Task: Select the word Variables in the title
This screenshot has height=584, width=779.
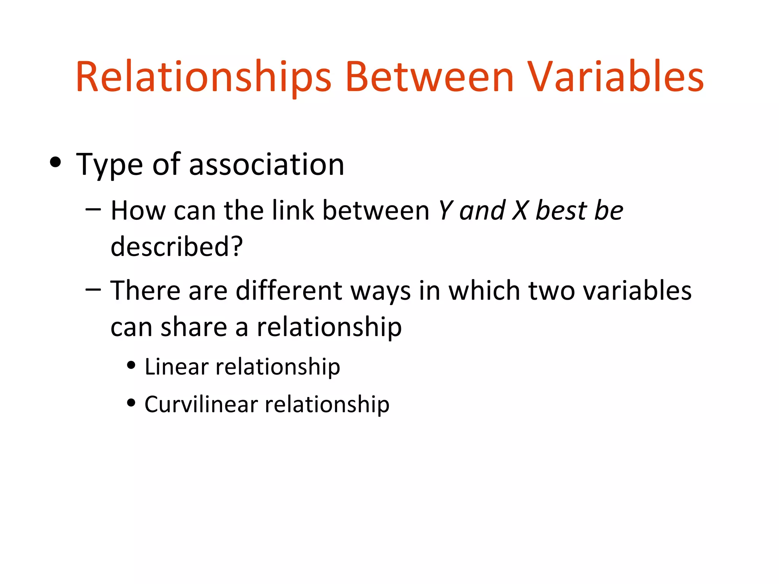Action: coord(616,77)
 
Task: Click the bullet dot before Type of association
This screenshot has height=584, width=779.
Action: coord(56,162)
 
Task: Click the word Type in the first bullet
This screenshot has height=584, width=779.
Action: coord(110,165)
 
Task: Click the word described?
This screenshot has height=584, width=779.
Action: coord(176,246)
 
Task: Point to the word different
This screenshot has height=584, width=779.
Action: coord(289,290)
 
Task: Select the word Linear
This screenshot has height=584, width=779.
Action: coord(176,367)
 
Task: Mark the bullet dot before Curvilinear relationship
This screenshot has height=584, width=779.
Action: coord(131,403)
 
